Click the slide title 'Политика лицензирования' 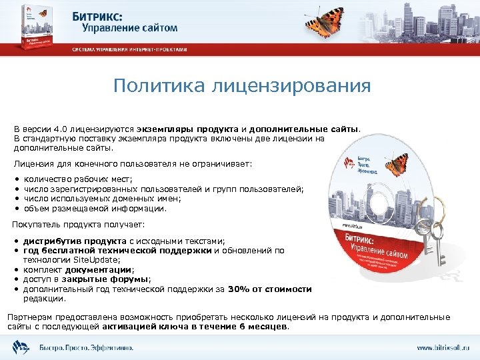241,87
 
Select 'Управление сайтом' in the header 130,27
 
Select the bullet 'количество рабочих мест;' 78,180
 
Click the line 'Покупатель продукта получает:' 79,226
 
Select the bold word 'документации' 103,270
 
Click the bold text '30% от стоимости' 269,289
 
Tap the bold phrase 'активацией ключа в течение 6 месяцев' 195,327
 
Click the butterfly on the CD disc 397,164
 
